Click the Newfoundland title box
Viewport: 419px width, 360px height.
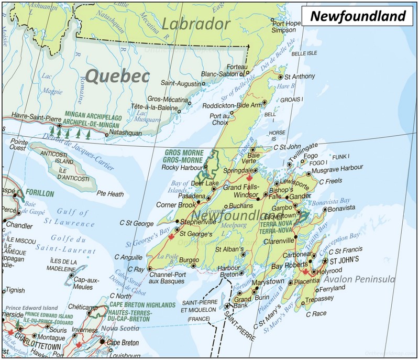click(x=358, y=16)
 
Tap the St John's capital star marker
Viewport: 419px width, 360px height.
click(x=325, y=261)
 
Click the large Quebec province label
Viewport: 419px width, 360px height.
click(x=117, y=77)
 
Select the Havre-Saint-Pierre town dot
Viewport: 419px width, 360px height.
click(x=59, y=126)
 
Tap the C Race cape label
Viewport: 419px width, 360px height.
click(x=316, y=314)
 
